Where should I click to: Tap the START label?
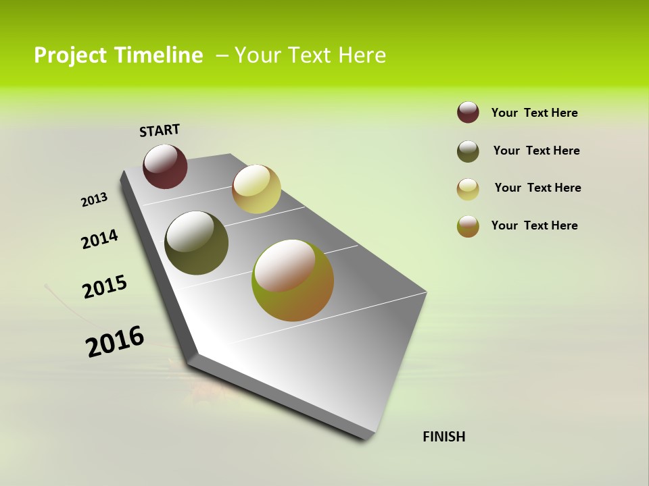click(160, 130)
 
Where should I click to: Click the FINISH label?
click(443, 437)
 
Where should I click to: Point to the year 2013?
click(94, 200)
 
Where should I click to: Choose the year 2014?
click(99, 239)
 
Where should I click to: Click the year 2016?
click(115, 342)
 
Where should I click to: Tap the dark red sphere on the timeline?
click(165, 167)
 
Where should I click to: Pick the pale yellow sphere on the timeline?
click(256, 189)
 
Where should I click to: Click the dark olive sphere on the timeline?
click(197, 243)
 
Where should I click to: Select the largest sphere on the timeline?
click(293, 280)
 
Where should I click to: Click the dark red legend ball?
click(468, 113)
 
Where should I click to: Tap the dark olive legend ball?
click(468, 151)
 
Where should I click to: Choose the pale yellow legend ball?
click(468, 189)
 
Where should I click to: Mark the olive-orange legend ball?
click(468, 226)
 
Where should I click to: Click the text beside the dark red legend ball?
click(534, 113)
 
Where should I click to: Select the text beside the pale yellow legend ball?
click(537, 188)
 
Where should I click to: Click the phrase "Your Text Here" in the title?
click(310, 55)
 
